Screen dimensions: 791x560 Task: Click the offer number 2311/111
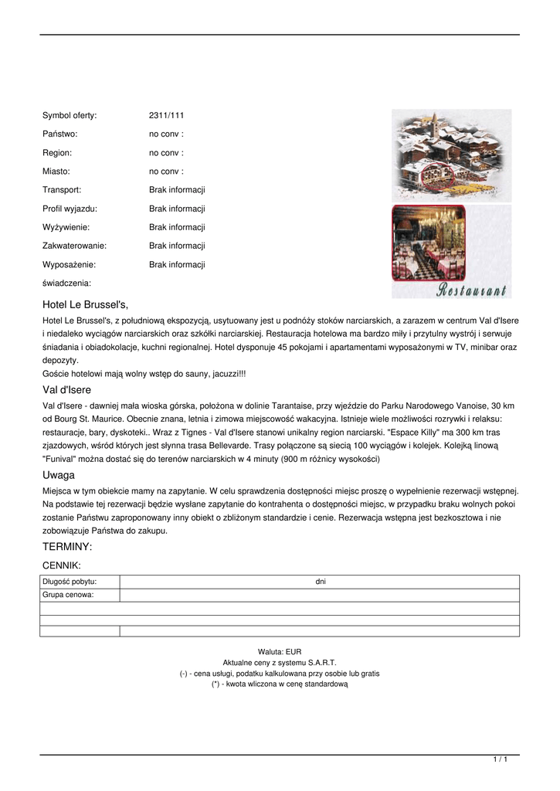click(166, 115)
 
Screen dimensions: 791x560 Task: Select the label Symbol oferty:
click(70, 115)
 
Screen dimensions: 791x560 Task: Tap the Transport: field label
click(62, 189)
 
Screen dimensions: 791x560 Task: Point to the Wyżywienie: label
click(66, 227)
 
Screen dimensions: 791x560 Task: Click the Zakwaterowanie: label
click(74, 246)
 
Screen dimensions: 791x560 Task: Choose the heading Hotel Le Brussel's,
click(85, 304)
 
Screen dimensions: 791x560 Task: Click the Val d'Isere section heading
click(66, 390)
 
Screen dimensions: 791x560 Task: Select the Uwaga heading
click(59, 475)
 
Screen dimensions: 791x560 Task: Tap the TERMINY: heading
click(67, 547)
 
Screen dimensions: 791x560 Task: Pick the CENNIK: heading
click(62, 565)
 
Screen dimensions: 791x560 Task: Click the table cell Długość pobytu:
click(70, 582)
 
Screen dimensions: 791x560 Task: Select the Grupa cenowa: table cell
click(68, 595)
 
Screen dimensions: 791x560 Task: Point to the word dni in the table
click(321, 582)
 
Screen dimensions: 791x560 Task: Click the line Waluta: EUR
click(280, 652)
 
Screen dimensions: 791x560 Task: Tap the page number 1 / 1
click(501, 760)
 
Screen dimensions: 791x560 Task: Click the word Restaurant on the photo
click(471, 290)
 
